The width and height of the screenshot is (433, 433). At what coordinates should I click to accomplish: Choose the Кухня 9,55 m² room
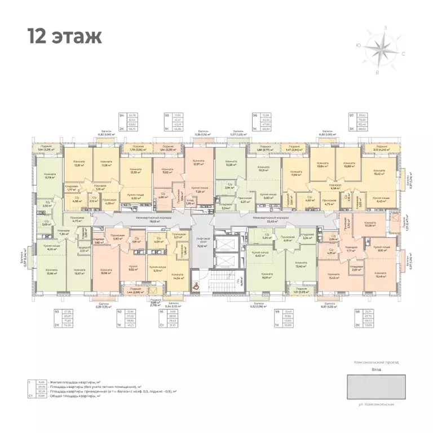[x=133, y=267]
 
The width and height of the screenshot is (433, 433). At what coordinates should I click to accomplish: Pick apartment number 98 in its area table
[x=356, y=311]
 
